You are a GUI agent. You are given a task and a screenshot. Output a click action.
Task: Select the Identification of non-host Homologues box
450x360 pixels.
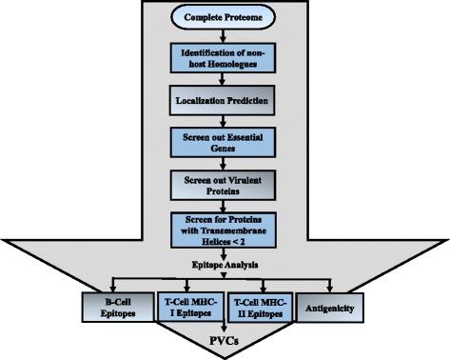pos(224,56)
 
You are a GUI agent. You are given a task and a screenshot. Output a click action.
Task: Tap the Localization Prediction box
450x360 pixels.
pos(224,98)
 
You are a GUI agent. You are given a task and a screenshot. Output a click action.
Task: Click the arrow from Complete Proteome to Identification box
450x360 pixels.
pos(224,34)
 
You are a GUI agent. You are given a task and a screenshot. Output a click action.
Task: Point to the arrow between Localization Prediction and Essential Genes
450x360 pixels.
pos(224,119)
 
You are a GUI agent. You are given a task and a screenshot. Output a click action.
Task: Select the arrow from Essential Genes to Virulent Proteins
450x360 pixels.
pos(224,161)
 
